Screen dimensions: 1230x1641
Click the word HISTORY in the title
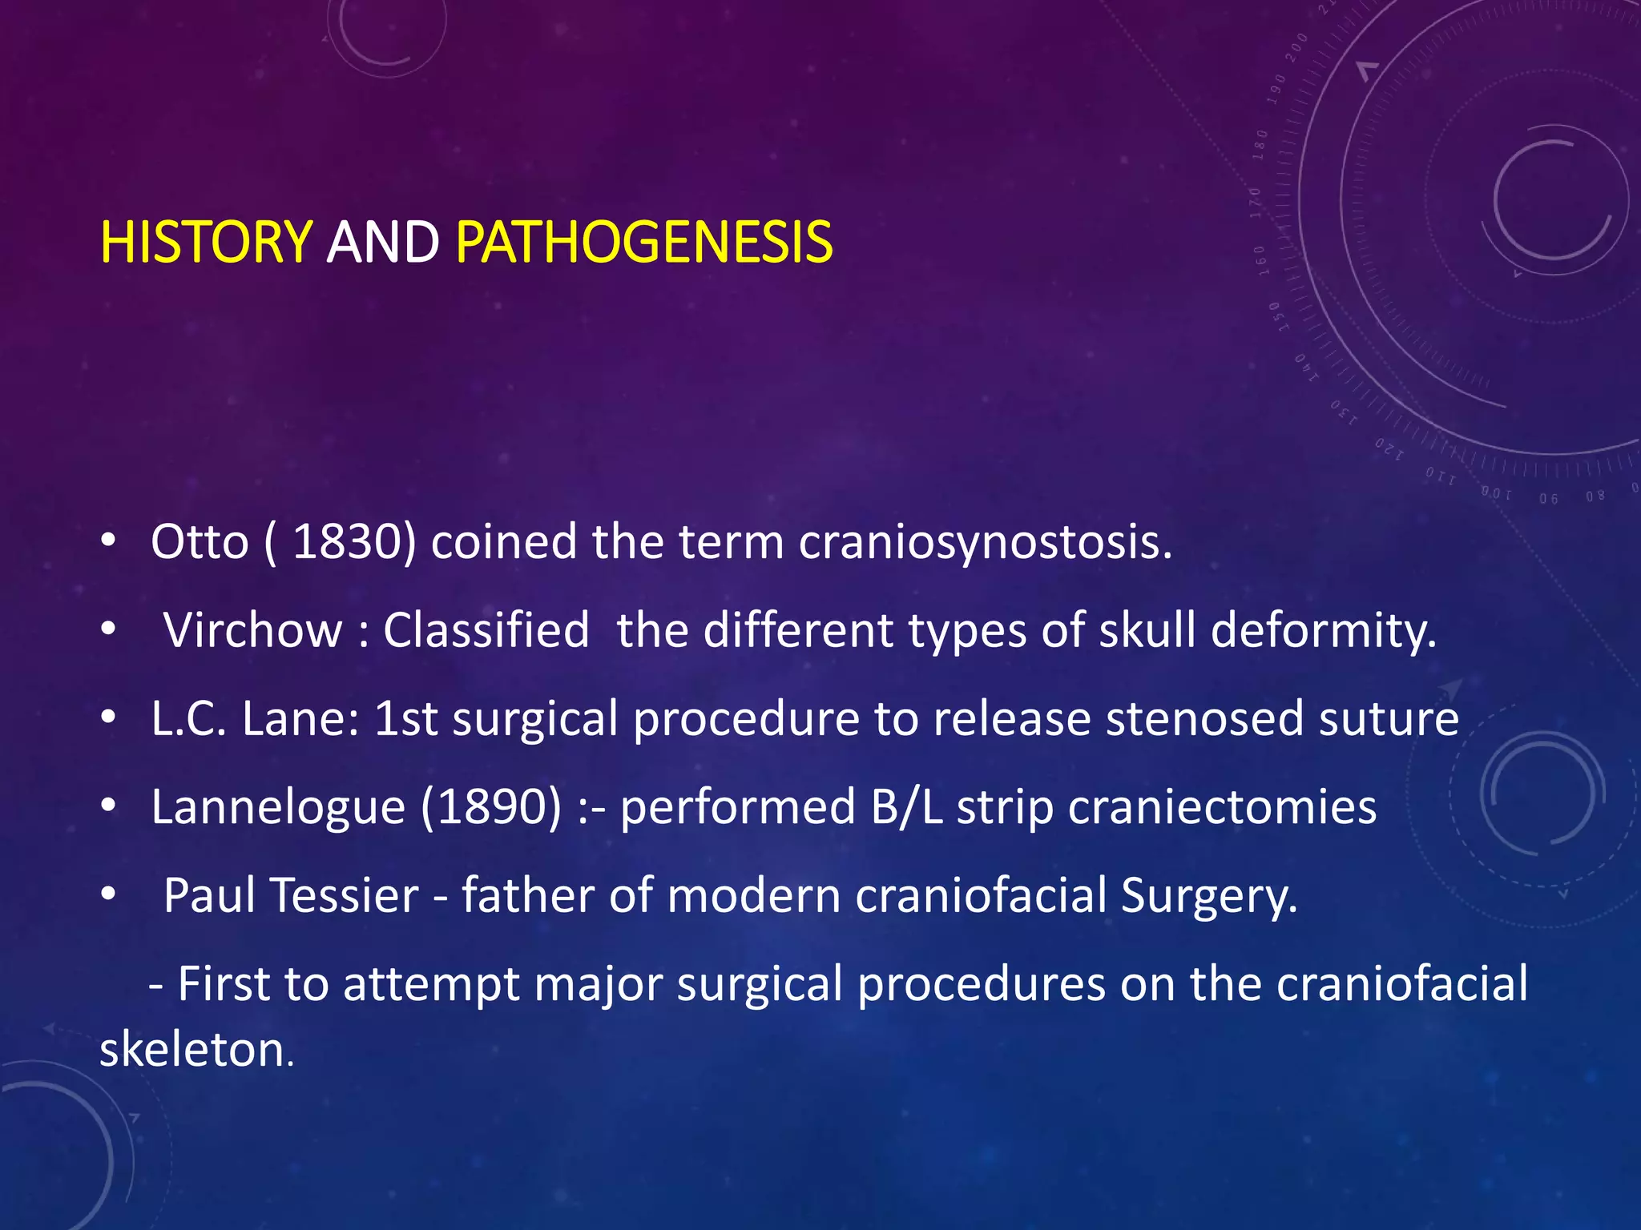206,242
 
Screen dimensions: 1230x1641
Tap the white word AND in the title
383,242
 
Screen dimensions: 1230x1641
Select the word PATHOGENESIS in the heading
644,242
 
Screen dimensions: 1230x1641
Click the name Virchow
252,630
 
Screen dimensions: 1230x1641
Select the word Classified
486,630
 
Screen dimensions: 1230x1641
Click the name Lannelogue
278,808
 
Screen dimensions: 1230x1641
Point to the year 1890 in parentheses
492,806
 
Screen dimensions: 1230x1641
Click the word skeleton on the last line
196,1050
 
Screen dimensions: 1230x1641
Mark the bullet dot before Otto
108,542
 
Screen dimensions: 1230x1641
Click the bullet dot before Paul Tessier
108,894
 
